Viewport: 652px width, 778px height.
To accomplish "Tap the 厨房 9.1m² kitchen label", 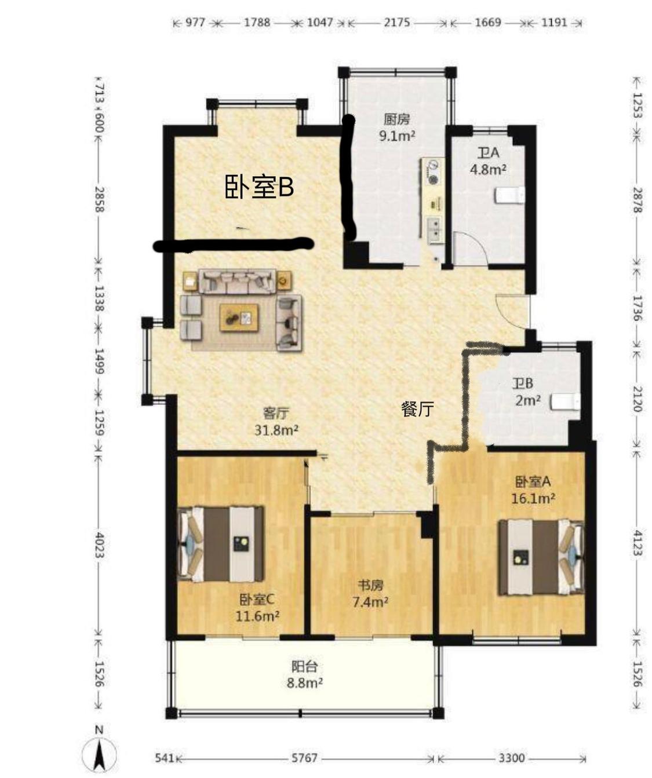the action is tap(396, 127).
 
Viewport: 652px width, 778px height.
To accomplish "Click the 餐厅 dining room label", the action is tap(417, 409).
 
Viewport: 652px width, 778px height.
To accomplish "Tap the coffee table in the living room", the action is tap(239, 317).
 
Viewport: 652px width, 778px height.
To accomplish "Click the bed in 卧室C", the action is tap(221, 543).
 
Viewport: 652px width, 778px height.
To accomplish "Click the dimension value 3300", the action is tap(512, 737).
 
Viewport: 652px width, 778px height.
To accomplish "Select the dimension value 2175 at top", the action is tap(396, 23).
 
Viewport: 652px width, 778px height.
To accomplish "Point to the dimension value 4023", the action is tap(99, 545).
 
